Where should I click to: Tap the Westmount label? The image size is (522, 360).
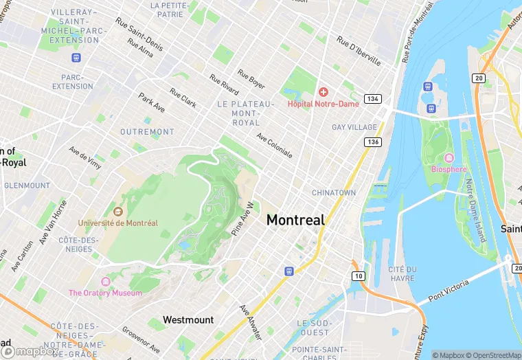[x=188, y=319]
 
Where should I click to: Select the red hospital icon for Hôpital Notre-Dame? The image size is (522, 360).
[x=323, y=92]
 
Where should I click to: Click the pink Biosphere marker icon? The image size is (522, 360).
[x=449, y=158]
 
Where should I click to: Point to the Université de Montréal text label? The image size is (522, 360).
[x=117, y=223]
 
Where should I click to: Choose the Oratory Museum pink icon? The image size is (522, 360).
[x=105, y=282]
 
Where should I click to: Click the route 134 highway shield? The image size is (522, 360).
[x=372, y=99]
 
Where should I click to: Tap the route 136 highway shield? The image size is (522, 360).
[x=372, y=142]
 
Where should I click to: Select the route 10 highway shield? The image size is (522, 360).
[x=359, y=275]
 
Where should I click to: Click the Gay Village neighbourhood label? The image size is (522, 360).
[x=354, y=127]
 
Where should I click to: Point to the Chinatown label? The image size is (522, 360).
[x=334, y=193]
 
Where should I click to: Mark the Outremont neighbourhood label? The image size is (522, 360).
[x=147, y=131]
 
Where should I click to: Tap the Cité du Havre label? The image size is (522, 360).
[x=401, y=273]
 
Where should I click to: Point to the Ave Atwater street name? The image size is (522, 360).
[x=250, y=322]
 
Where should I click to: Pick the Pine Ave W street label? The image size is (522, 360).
[x=245, y=219]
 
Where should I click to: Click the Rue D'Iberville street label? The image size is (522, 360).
[x=358, y=51]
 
